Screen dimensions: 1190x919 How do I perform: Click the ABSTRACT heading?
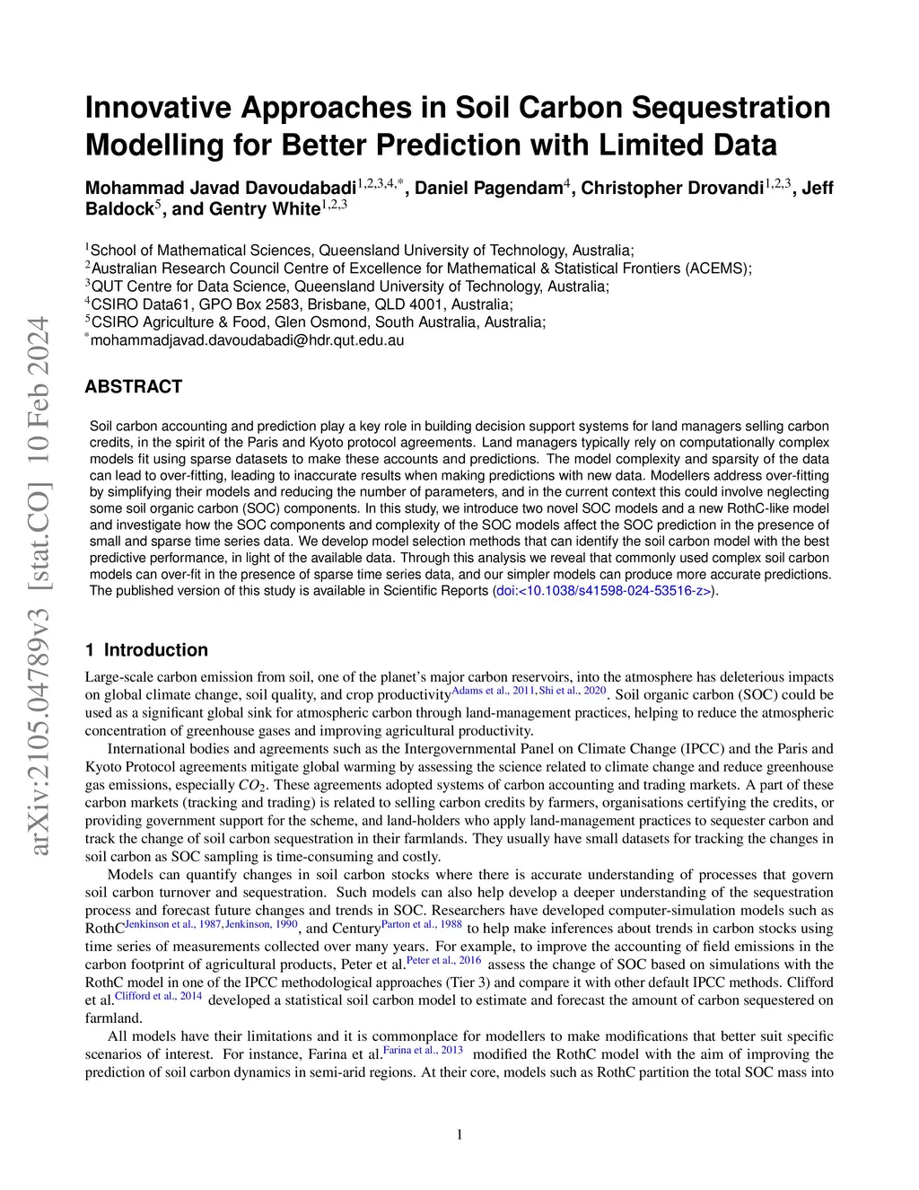[x=133, y=387]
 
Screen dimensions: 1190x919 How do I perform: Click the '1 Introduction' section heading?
[x=146, y=650]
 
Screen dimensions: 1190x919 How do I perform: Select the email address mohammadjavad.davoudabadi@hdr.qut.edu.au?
[x=248, y=340]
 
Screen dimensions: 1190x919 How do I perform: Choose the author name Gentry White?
[x=264, y=209]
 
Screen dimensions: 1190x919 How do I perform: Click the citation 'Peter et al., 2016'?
[x=444, y=960]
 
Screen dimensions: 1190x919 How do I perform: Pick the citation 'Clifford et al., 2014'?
[x=158, y=996]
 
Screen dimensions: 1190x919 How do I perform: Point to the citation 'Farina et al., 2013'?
[x=424, y=1050]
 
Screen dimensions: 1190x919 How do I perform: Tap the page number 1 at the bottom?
[x=459, y=1135]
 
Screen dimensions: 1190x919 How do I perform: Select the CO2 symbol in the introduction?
[x=254, y=785]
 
